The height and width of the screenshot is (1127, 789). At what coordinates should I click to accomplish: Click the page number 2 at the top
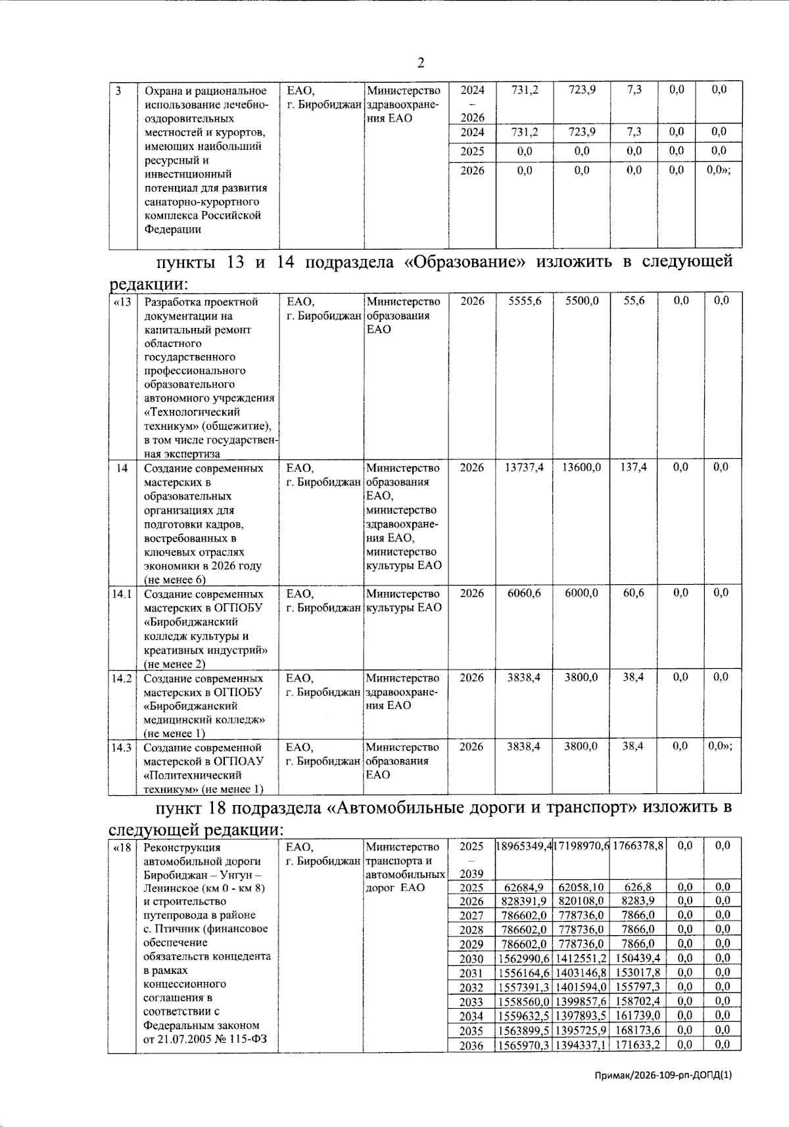(x=420, y=63)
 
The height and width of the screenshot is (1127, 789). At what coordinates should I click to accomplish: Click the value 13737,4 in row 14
(x=523, y=467)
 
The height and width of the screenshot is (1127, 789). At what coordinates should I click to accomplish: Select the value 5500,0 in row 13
(x=581, y=301)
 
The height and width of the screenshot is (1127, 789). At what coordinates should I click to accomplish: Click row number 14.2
(x=122, y=678)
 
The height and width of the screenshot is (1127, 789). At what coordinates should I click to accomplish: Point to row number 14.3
(x=122, y=747)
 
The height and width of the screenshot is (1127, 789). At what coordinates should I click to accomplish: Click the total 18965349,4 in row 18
(x=523, y=846)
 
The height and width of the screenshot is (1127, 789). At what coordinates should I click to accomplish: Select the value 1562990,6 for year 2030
(x=523, y=959)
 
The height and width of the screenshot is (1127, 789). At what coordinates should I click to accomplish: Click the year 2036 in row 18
(x=471, y=1046)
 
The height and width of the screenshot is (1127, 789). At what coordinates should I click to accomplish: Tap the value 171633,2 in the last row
(x=638, y=1045)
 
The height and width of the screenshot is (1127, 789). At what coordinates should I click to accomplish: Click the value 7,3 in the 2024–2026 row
(x=634, y=90)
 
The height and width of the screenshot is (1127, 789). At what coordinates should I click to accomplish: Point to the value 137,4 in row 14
(x=634, y=467)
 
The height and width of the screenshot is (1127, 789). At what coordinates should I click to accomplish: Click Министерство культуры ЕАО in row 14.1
(x=402, y=601)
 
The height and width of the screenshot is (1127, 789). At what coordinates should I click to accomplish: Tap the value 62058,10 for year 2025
(x=581, y=887)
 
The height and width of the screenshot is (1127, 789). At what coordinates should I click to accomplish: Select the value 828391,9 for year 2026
(x=523, y=902)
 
